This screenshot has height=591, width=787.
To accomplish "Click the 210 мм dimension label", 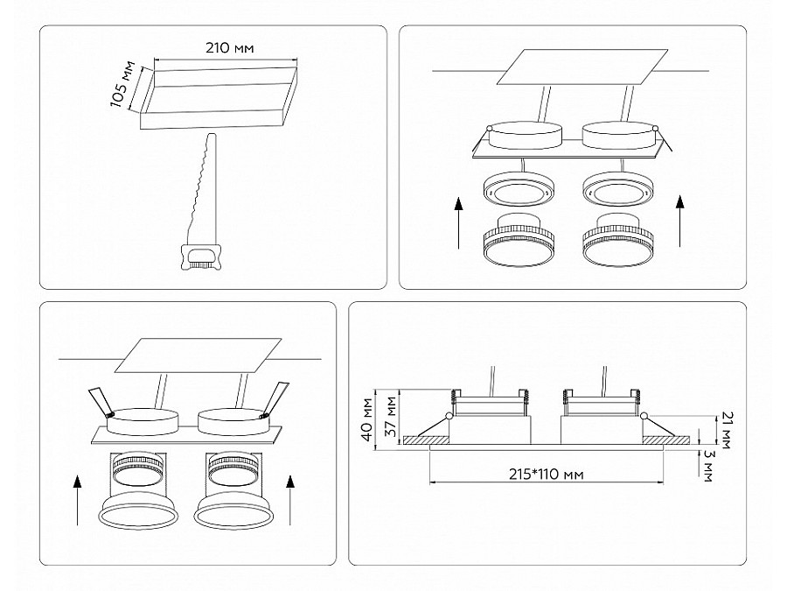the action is [x=230, y=48].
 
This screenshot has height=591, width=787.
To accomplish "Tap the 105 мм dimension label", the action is [x=123, y=84].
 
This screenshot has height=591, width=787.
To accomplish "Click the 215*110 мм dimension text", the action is [x=547, y=474].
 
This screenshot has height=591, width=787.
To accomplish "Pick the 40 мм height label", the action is [x=368, y=419].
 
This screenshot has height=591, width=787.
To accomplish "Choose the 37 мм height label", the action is [x=391, y=415].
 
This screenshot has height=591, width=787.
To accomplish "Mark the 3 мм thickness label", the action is [x=707, y=466].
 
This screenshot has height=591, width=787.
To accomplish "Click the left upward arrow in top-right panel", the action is [x=458, y=223].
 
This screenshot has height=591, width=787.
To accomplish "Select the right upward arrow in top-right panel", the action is [x=680, y=222].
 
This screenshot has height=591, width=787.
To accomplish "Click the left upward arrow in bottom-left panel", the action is [x=77, y=501].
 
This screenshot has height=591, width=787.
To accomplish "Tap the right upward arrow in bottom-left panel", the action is [x=289, y=501].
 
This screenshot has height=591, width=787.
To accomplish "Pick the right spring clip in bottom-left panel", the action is [x=274, y=399].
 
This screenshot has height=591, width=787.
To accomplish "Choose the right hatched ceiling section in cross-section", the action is [x=666, y=440].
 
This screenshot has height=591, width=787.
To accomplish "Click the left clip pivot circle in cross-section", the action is [x=448, y=416].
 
